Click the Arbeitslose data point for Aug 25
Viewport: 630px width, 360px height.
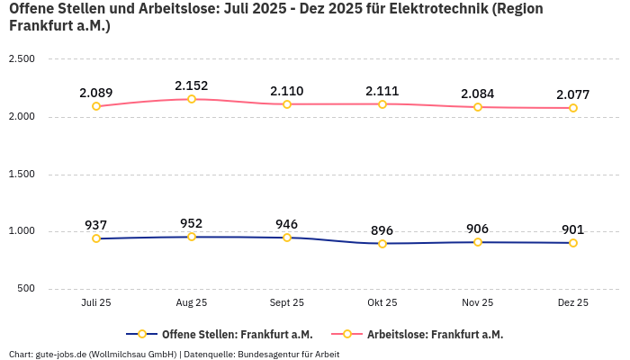[x=192, y=99]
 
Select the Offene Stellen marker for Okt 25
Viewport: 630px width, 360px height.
[x=382, y=244]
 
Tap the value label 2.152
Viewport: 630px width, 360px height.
[x=192, y=85]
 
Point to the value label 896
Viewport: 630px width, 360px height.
[x=382, y=230]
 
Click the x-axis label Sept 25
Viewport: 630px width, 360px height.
[x=287, y=303]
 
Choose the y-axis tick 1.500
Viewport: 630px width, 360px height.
[x=22, y=175]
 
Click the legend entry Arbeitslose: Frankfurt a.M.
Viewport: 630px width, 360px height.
[x=435, y=334]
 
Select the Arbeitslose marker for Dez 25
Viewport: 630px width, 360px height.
[x=573, y=108]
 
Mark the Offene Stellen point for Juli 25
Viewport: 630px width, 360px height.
[x=96, y=238]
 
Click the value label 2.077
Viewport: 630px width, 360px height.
[x=573, y=94]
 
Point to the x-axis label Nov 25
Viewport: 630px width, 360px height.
[x=478, y=303]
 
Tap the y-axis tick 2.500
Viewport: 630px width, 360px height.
[x=22, y=59]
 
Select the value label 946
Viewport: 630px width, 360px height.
[x=287, y=224]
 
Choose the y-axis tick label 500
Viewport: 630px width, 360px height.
[x=24, y=289]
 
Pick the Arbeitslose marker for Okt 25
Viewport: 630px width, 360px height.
[x=382, y=104]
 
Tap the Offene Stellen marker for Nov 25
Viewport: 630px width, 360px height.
[x=478, y=242]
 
